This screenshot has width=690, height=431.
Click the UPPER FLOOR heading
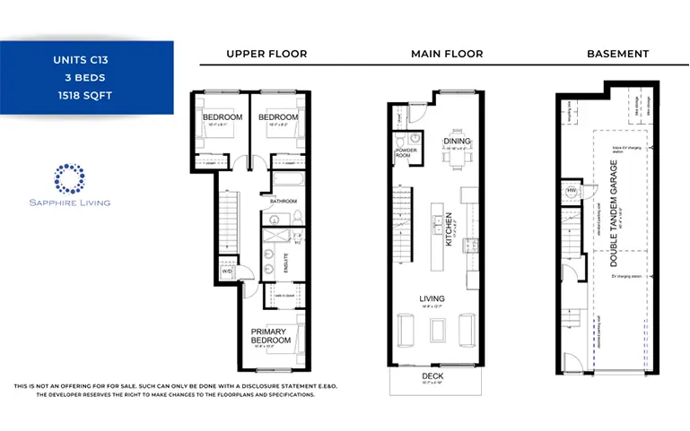266,54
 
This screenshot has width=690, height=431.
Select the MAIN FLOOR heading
447,54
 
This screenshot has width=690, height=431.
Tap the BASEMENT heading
617,54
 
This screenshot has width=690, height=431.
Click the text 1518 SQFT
86,93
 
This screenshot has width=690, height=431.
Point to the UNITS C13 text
86,62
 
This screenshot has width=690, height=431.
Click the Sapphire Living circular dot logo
69,178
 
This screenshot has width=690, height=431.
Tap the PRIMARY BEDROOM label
270,336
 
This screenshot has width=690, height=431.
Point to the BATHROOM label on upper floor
284,202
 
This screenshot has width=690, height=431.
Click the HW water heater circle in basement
571,191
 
